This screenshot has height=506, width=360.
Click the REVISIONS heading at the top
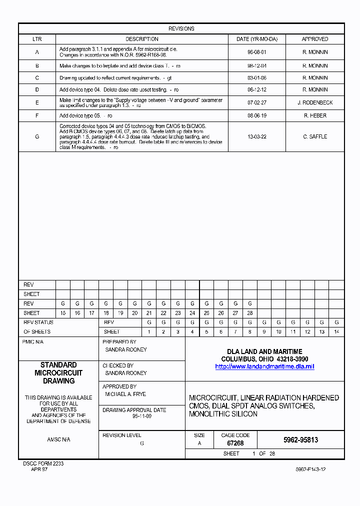pos(181,28)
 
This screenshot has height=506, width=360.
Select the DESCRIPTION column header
pos(142,39)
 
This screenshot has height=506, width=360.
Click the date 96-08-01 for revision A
pos(256,52)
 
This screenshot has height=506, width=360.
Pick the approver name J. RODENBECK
pos(315,102)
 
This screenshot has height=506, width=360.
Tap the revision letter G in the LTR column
pos(37,136)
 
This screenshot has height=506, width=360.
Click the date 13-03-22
pos(256,136)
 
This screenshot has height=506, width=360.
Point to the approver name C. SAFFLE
pos(315,136)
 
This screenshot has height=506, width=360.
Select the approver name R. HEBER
pos(315,115)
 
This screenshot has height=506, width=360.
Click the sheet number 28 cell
pos(249,313)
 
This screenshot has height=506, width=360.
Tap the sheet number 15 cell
pos(63,313)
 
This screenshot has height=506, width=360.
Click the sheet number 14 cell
pos(336,332)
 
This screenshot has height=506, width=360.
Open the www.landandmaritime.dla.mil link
pos(264,366)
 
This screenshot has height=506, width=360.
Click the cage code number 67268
pos(235,443)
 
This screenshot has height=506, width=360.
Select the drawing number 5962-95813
pos(300,440)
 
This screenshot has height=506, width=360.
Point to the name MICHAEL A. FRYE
pos(125,394)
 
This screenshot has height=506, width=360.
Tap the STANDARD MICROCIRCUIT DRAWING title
pos(58,373)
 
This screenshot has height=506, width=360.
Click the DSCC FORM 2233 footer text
pos(43,463)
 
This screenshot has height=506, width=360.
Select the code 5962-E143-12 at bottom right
pos(310,469)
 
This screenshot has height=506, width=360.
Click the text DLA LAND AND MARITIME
pos(264,352)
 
